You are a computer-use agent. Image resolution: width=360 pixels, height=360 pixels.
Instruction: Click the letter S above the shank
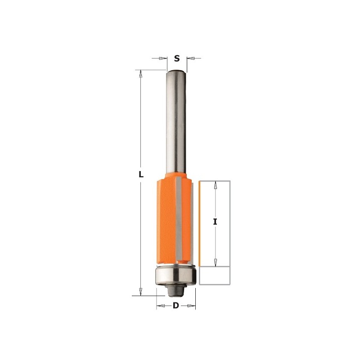pyautogui.click(x=177, y=58)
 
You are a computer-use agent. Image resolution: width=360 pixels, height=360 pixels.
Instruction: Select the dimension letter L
pyautogui.click(x=141, y=175)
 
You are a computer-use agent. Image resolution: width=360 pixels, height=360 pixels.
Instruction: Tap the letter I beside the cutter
pyautogui.click(x=216, y=222)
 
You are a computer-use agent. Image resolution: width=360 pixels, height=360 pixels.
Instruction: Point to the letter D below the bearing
pyautogui.click(x=176, y=306)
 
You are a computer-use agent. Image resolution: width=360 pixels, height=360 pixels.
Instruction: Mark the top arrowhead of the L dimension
pyautogui.click(x=141, y=73)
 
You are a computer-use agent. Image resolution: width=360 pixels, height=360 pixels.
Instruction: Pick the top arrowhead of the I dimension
pyautogui.click(x=216, y=184)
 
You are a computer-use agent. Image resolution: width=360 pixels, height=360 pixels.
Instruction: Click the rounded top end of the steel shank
pyautogui.click(x=176, y=72)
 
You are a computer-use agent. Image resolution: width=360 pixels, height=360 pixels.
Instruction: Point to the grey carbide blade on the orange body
pyautogui.click(x=179, y=220)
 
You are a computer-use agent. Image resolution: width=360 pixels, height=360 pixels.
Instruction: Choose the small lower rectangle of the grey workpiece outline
pyautogui.click(x=215, y=276)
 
